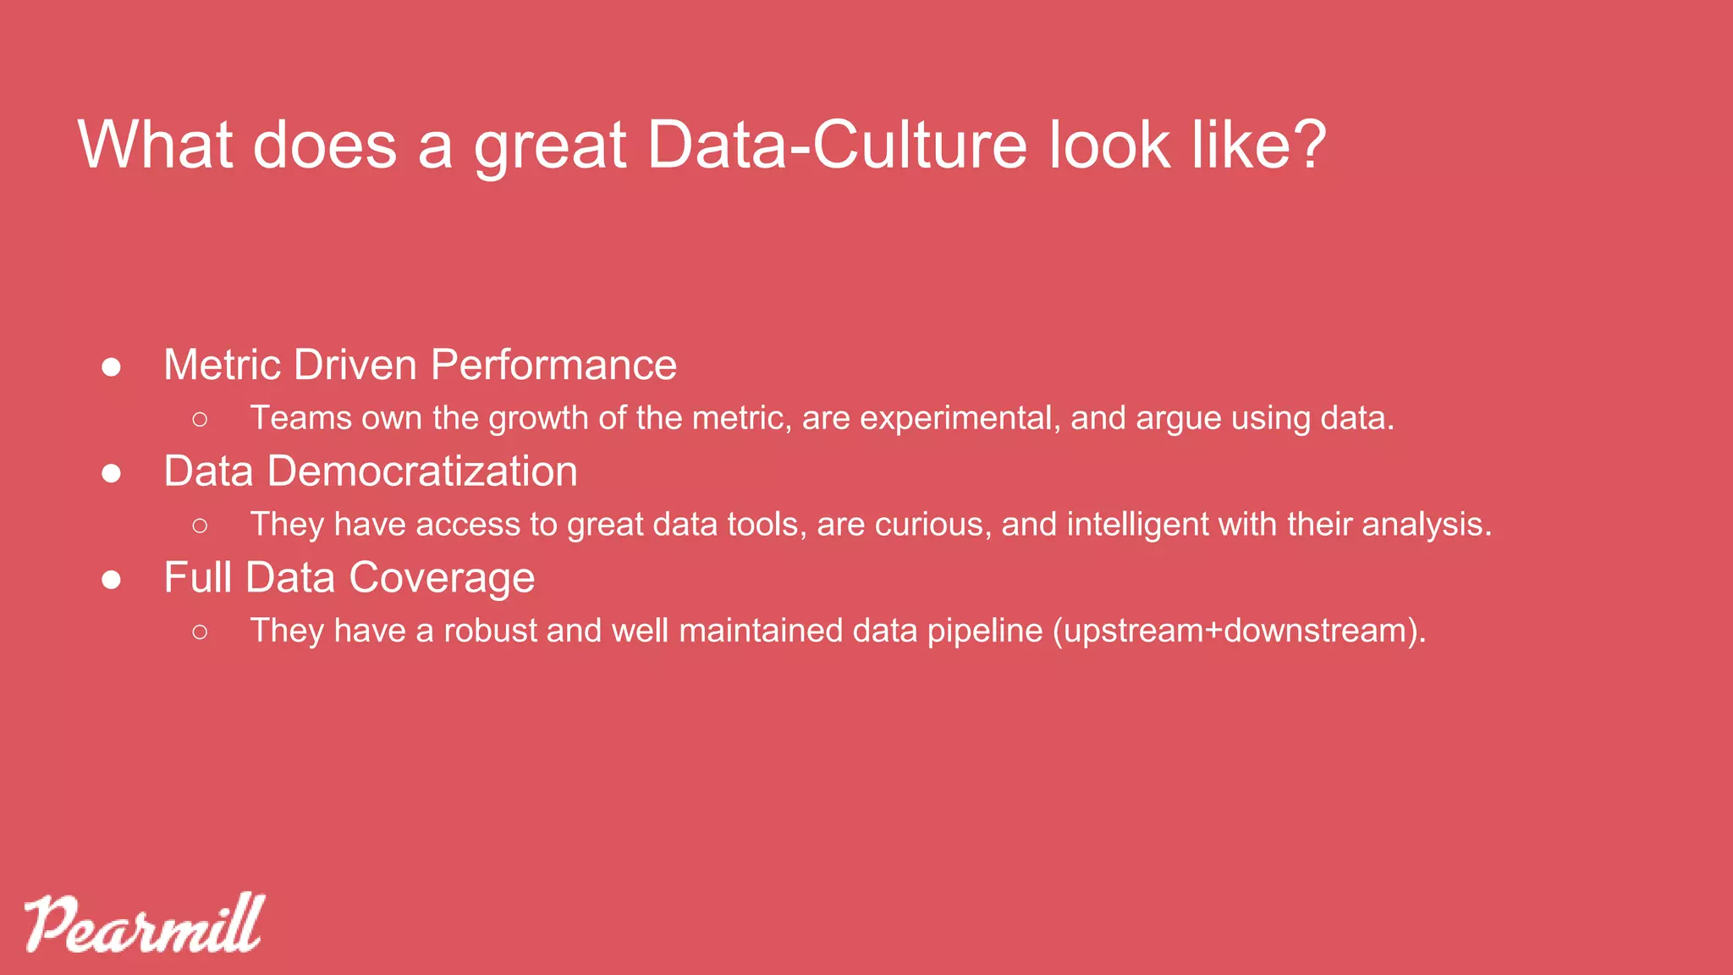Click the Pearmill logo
click(144, 924)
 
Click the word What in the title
click(155, 146)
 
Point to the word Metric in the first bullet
click(223, 366)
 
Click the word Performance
click(553, 366)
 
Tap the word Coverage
click(442, 579)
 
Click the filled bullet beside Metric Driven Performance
click(111, 367)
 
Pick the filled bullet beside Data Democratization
click(111, 474)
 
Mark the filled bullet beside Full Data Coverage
click(111, 581)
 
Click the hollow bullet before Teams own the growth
click(200, 419)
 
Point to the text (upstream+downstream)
click(1238, 631)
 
